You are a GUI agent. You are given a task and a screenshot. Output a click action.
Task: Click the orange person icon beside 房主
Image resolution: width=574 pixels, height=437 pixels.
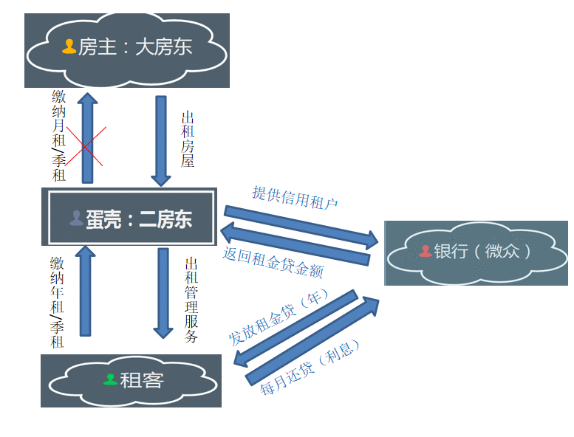tap(69, 47)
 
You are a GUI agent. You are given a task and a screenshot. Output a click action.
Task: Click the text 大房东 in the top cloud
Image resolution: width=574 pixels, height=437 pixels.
tap(163, 47)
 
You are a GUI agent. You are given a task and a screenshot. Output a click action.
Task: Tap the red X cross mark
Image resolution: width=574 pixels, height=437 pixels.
tap(83, 145)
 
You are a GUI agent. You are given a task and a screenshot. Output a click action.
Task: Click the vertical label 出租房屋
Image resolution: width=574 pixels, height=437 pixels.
tap(188, 140)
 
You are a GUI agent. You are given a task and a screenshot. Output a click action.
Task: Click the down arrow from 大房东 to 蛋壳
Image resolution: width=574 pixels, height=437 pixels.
tap(161, 140)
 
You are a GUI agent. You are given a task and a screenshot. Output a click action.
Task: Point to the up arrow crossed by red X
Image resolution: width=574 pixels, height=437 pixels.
tap(87, 138)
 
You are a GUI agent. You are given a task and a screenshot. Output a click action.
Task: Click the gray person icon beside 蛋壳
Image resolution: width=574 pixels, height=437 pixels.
tap(76, 218)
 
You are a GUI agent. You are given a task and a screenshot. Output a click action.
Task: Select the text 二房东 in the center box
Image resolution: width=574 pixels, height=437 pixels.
tap(165, 218)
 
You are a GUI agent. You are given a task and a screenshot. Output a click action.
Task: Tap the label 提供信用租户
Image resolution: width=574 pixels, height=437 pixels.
tap(295, 197)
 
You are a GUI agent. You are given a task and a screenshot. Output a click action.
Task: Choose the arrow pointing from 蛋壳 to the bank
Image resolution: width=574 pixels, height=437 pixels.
tap(301, 225)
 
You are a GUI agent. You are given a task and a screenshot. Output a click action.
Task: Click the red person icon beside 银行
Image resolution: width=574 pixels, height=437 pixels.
tap(425, 251)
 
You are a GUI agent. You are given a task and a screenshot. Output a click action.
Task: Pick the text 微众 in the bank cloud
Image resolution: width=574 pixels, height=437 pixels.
tap(502, 251)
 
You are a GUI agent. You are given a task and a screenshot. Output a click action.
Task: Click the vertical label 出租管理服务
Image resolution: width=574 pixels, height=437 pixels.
tap(191, 300)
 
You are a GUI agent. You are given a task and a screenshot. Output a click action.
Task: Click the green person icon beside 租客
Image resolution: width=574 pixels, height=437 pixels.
tap(110, 379)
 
